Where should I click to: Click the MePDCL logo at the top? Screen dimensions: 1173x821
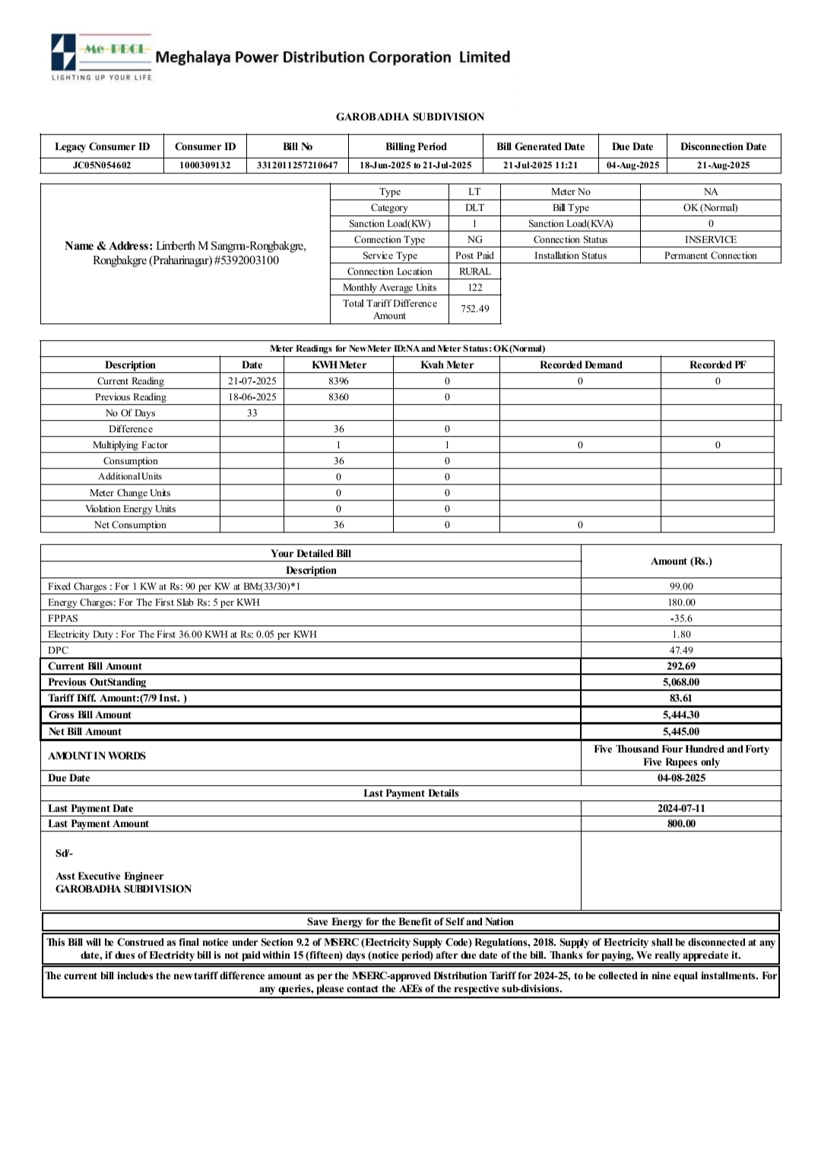(101, 56)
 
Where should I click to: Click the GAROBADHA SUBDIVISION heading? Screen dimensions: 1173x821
(410, 116)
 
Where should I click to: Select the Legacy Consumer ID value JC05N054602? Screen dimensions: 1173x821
(102, 165)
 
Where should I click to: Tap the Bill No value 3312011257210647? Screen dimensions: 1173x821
(297, 165)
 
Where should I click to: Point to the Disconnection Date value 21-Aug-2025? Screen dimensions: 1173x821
(723, 165)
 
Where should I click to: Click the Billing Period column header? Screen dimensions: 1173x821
(416, 146)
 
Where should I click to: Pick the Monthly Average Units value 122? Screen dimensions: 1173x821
(474, 288)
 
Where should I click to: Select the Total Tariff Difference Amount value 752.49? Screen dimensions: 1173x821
(474, 309)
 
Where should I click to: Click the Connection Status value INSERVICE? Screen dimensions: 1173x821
(710, 240)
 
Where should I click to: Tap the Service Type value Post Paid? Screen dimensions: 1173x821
(474, 256)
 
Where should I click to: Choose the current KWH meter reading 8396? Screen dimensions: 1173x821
(338, 381)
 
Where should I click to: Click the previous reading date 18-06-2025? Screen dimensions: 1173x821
(252, 397)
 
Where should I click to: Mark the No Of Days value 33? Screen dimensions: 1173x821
(252, 413)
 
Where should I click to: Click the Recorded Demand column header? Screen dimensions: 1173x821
(580, 365)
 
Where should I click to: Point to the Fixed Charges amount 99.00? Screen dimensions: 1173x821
(680, 586)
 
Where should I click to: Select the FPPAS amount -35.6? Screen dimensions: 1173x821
(680, 618)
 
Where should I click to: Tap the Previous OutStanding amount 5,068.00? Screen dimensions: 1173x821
(680, 682)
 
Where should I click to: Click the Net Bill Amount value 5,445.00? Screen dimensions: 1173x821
(680, 732)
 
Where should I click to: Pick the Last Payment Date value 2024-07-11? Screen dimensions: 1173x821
(680, 809)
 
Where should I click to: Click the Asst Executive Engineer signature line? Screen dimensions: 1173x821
(109, 876)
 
